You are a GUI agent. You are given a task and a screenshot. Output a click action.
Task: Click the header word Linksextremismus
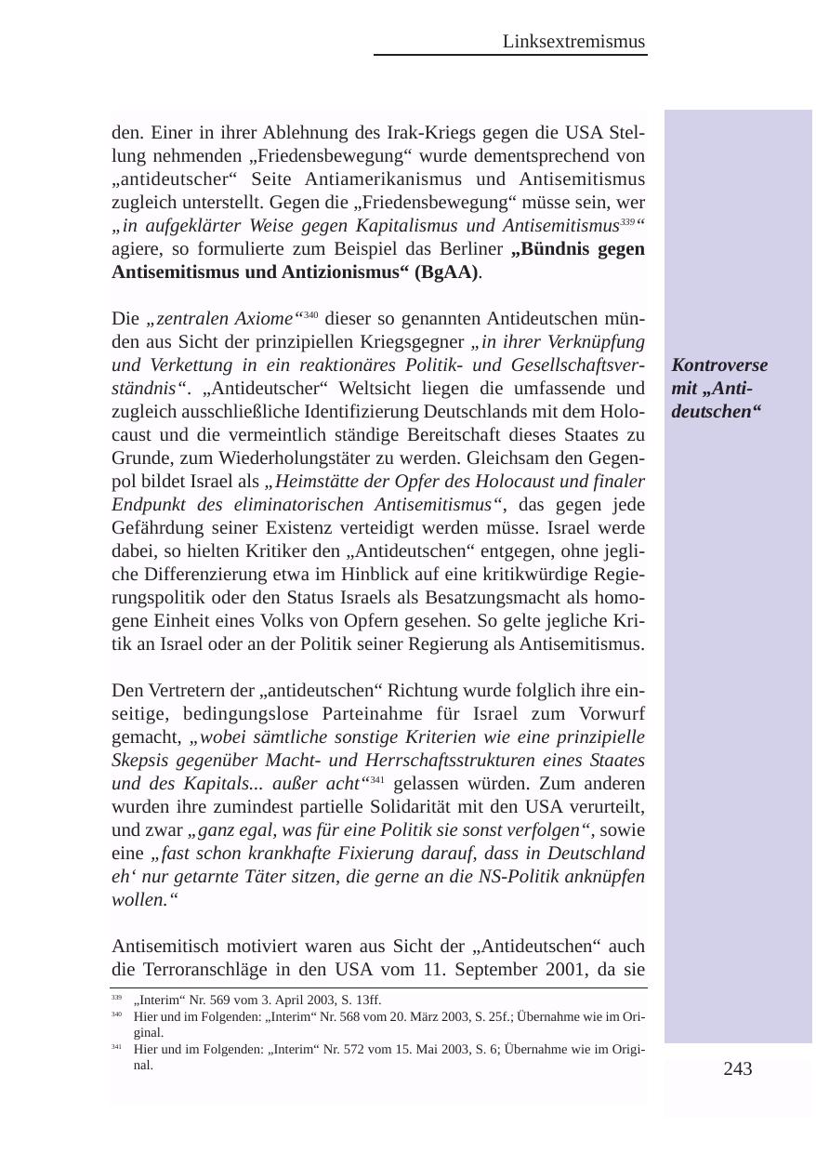pos(573,42)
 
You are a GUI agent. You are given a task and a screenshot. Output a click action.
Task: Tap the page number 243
pos(737,1069)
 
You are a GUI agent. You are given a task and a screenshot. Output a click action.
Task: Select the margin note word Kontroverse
pos(719,365)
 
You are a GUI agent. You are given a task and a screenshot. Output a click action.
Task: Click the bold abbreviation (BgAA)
pos(447,272)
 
